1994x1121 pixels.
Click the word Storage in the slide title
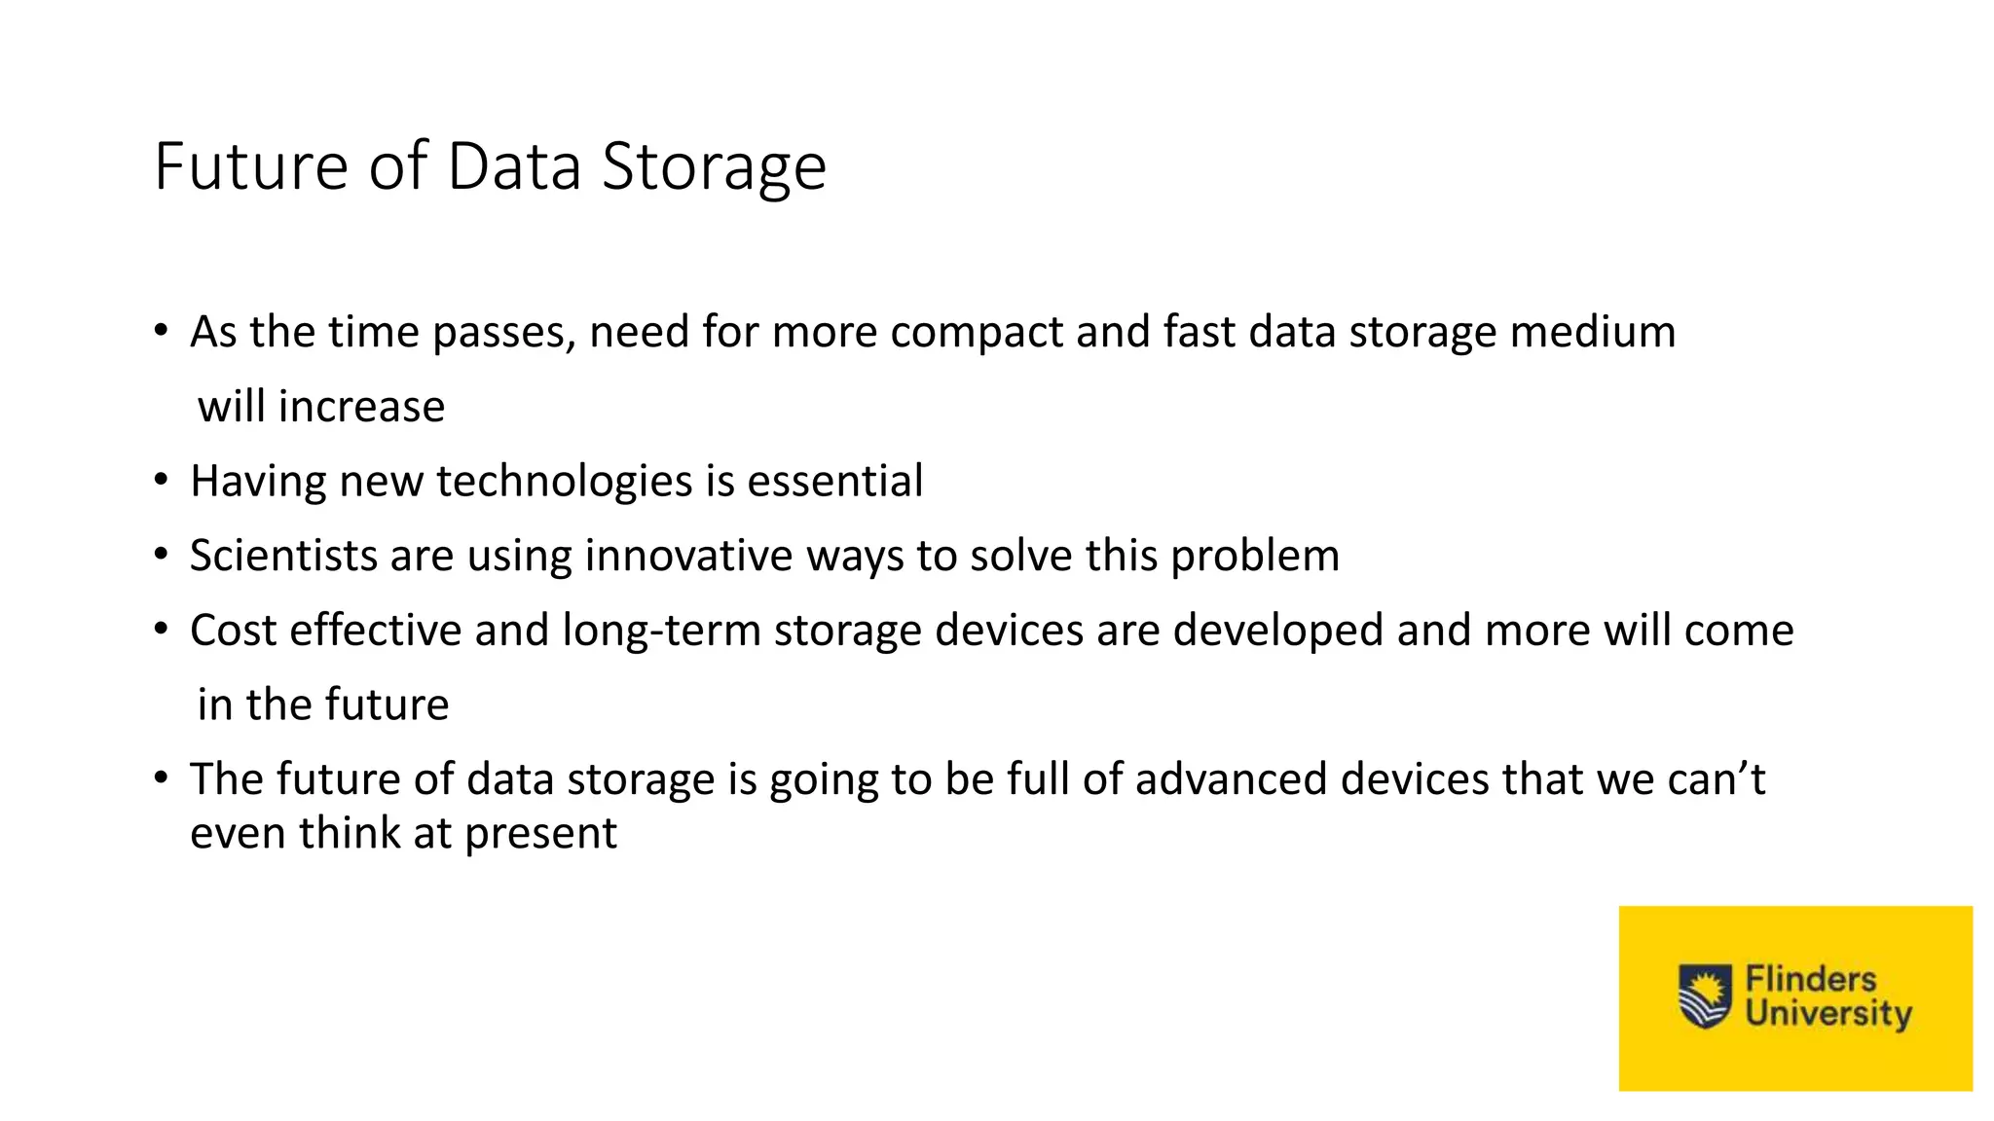(714, 167)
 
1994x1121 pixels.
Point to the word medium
(1593, 332)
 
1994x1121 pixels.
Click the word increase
(361, 407)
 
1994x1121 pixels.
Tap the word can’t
(1716, 779)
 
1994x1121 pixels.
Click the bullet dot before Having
(162, 480)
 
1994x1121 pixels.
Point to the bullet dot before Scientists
(162, 555)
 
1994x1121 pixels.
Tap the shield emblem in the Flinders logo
(1705, 995)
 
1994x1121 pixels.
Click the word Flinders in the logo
(1810, 979)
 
